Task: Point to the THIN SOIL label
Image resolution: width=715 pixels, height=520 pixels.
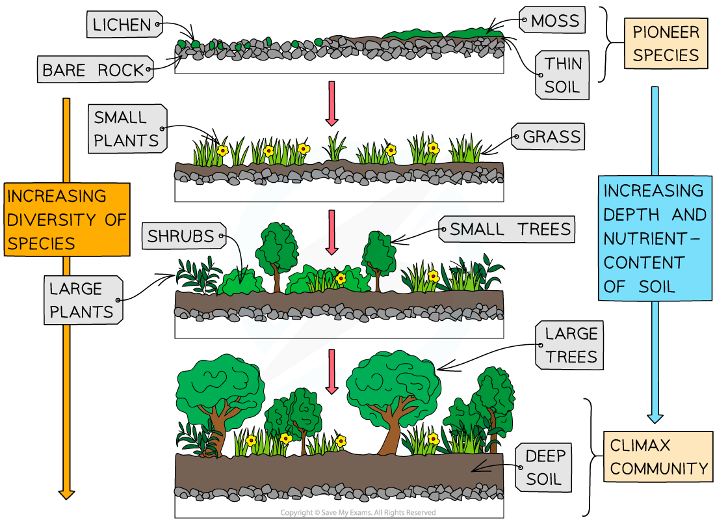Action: tap(563, 75)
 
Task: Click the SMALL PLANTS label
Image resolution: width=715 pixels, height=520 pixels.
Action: tap(126, 129)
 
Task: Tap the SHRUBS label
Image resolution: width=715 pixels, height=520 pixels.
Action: tap(183, 236)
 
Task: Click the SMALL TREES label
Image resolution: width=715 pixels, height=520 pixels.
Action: tap(510, 229)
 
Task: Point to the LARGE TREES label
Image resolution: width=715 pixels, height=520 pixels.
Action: tap(570, 346)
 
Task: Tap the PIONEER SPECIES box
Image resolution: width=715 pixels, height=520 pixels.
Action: tap(666, 43)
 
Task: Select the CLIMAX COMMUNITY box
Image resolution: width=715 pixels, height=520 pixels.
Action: tap(658, 457)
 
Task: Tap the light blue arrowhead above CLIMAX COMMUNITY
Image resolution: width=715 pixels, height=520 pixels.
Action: tap(655, 418)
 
